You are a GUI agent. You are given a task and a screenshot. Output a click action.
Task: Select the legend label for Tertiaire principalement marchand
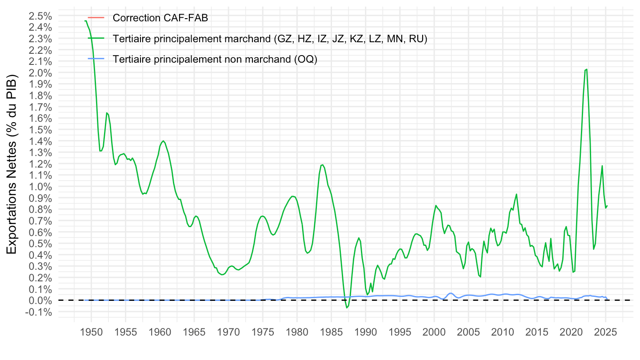pyautogui.click(x=270, y=39)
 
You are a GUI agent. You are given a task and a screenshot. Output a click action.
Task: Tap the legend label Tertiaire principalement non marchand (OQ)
pyautogui.click(x=215, y=60)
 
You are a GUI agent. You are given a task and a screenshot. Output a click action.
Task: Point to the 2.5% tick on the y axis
pyautogui.click(x=40, y=16)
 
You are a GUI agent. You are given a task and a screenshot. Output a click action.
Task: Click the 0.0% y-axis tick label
pyautogui.click(x=40, y=300)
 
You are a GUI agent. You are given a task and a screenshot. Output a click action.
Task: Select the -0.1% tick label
pyautogui.click(x=39, y=312)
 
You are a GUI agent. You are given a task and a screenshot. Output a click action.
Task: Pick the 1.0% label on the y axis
pyautogui.click(x=40, y=187)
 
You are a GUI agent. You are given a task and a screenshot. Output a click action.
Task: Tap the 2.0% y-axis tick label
pyautogui.click(x=40, y=73)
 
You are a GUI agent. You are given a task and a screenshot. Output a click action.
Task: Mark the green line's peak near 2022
pyautogui.click(x=587, y=69)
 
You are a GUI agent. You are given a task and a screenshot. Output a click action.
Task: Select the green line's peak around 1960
pyautogui.click(x=164, y=141)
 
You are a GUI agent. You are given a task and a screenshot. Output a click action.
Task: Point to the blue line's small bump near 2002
pyautogui.click(x=451, y=293)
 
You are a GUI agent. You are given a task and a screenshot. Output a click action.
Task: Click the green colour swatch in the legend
pyautogui.click(x=96, y=39)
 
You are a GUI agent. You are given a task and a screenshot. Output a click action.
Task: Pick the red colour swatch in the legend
pyautogui.click(x=96, y=18)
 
